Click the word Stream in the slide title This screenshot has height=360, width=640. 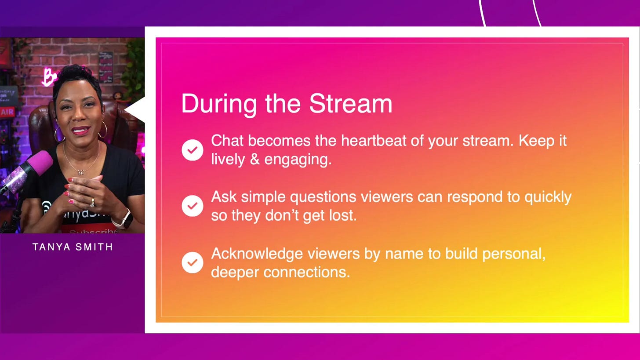coord(350,104)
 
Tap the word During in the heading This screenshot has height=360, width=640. coord(218,105)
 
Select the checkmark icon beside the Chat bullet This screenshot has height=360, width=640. coord(193,150)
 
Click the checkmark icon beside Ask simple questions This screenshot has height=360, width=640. coord(193,206)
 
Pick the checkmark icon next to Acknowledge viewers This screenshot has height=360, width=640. coord(193,262)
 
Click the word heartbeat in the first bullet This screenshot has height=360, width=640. coord(379,141)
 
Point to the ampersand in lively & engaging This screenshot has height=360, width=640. coord(255,160)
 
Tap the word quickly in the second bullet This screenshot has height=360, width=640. coord(548,197)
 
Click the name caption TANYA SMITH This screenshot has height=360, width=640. coord(73,247)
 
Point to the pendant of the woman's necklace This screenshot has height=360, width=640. coord(80,172)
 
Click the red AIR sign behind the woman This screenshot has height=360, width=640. coord(7,113)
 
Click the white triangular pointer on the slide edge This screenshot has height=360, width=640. coord(136,109)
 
